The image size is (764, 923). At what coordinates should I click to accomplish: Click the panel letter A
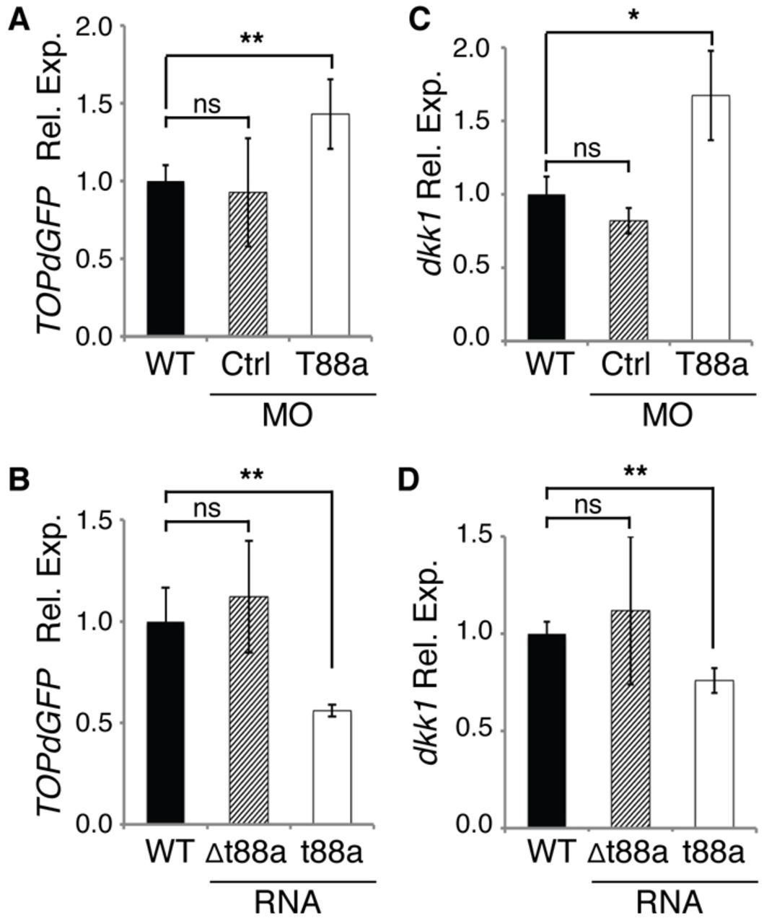(19, 20)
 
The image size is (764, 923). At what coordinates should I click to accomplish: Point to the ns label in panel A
(207, 105)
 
